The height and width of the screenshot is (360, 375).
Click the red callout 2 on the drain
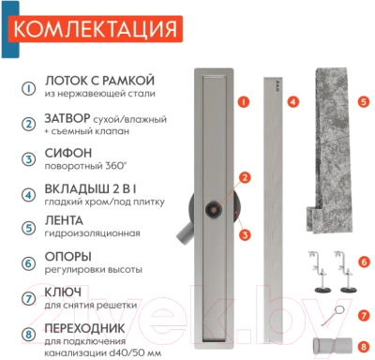pos(244,176)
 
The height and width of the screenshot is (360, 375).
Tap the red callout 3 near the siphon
pos(243,234)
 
